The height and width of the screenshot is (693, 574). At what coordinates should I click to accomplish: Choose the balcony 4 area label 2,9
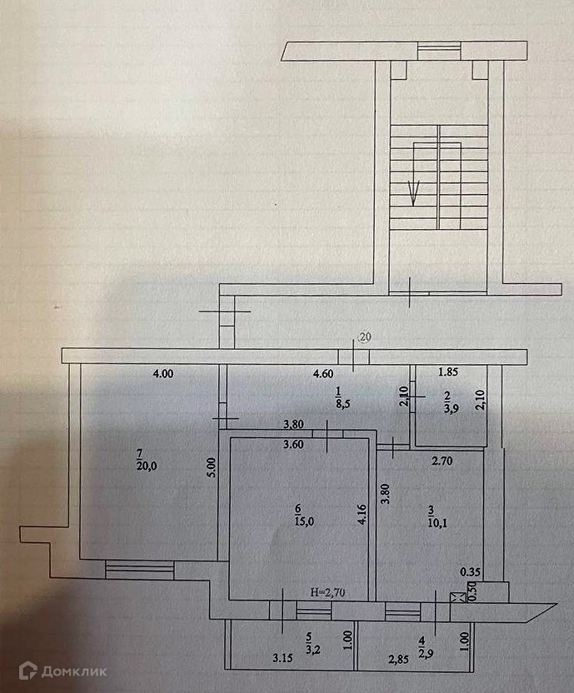point(427,647)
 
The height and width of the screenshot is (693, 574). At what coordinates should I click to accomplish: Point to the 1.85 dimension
point(450,374)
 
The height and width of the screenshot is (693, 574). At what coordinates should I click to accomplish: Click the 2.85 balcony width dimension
point(397,660)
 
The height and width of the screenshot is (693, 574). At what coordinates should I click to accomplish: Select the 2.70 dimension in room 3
point(441,458)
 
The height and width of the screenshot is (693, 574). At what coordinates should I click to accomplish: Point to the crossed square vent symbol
point(455,598)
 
